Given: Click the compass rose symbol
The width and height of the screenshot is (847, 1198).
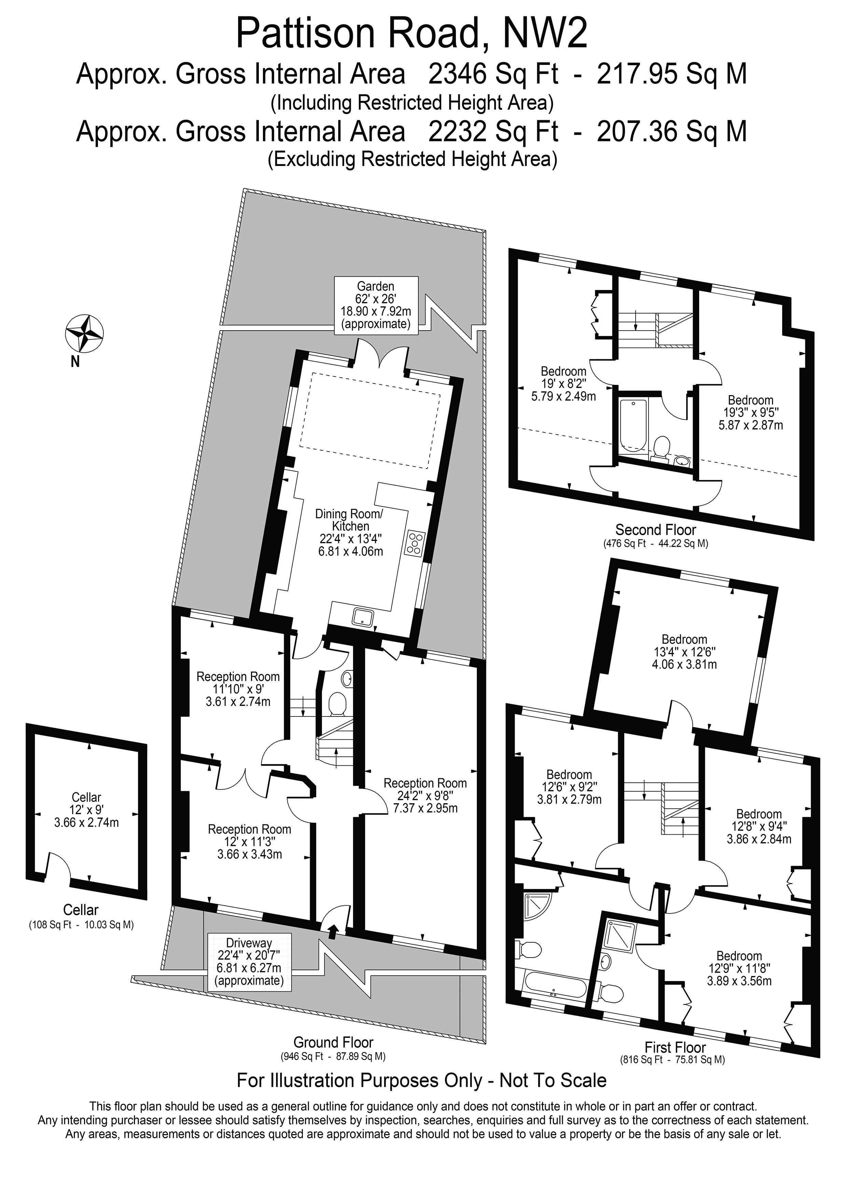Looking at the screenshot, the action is [x=84, y=333].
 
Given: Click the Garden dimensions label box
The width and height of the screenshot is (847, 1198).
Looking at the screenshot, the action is [x=376, y=305].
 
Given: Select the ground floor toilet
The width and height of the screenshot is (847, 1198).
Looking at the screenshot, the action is [x=337, y=704].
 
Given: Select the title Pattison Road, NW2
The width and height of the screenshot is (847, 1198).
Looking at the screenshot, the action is [x=412, y=33].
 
